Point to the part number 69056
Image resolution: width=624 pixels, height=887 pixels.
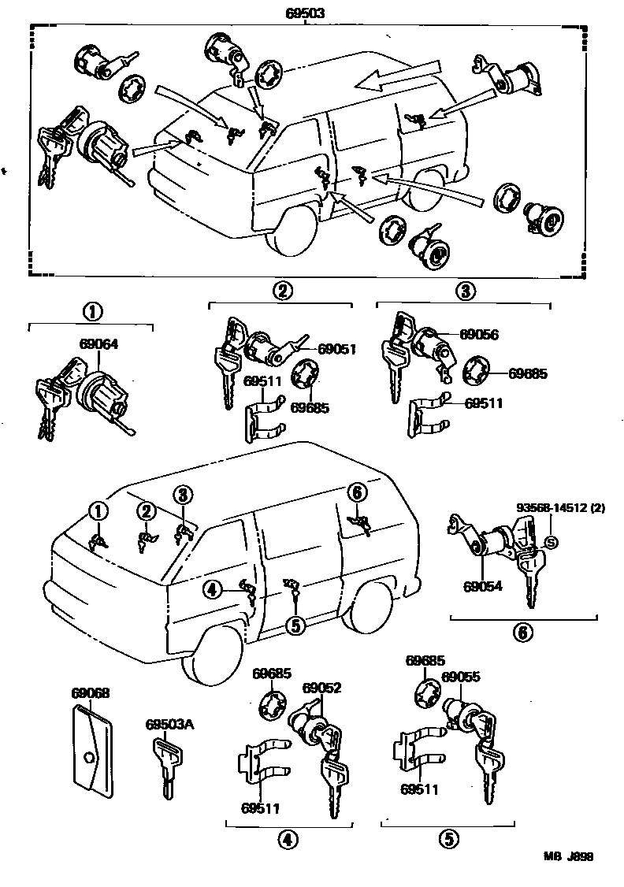478,334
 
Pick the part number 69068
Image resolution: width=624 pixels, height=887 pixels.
90,693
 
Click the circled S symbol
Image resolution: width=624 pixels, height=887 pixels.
552,542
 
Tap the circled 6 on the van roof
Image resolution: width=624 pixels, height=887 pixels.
356,492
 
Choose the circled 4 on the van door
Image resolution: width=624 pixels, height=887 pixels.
211,588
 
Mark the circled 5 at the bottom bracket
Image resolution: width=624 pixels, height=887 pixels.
449,841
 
